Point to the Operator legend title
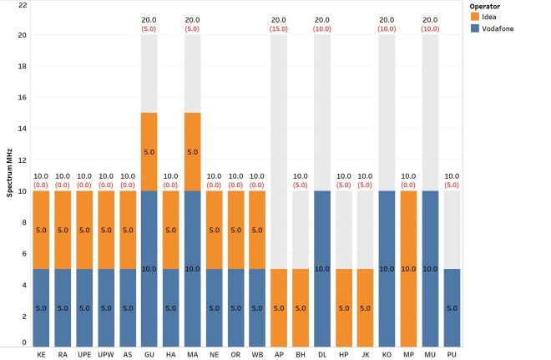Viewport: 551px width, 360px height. tap(488, 6)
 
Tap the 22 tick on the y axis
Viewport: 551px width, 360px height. tap(23, 5)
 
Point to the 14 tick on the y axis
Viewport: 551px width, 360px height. tap(23, 129)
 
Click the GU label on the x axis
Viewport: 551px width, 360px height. tap(149, 354)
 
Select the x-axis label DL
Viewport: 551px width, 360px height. tap(322, 354)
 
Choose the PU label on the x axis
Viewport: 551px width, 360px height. tap(452, 354)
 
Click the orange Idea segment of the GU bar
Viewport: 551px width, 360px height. tap(149, 152)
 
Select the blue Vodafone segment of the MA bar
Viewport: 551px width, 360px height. tap(193, 268)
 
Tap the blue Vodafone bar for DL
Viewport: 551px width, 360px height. tap(322, 268)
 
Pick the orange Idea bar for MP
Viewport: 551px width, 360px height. tap(408, 268)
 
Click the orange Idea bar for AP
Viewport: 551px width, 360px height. tap(279, 307)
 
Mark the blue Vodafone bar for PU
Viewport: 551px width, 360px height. tap(452, 307)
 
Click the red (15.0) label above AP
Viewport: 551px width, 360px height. tap(279, 29)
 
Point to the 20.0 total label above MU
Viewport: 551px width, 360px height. tap(430, 20)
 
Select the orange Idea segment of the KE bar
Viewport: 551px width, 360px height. tap(42, 230)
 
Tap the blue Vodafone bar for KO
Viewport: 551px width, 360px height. tap(387, 268)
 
